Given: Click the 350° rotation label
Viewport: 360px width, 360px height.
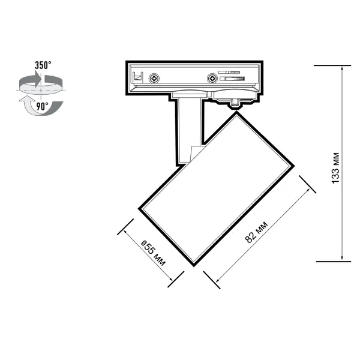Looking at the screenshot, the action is coord(43,65).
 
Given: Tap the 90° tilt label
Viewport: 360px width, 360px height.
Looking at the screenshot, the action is coord(43,106).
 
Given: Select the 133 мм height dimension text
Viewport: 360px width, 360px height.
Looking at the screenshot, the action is coord(335,168).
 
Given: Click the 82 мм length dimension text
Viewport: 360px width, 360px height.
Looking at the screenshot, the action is coord(256,232).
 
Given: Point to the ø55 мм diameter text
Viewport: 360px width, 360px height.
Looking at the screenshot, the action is coord(153,253).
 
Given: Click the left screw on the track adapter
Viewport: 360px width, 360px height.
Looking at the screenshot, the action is coord(154,79).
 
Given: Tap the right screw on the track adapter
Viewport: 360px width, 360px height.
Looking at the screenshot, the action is coord(212,79).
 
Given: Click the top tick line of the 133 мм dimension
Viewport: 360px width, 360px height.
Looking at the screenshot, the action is coord(332,65).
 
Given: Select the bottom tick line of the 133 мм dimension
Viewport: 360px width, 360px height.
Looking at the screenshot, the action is coord(334,262).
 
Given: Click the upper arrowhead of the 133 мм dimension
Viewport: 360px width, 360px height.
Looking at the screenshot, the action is coord(342,69).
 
